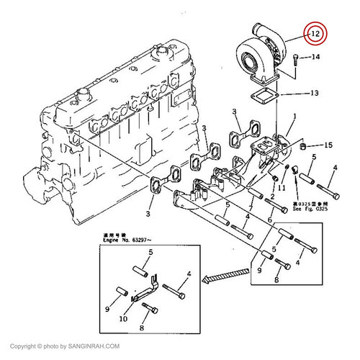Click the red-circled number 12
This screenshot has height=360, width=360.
point(315,33)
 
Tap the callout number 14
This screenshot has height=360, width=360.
point(315,57)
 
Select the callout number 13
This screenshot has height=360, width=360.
point(315,93)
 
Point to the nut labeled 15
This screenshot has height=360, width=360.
point(304,147)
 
